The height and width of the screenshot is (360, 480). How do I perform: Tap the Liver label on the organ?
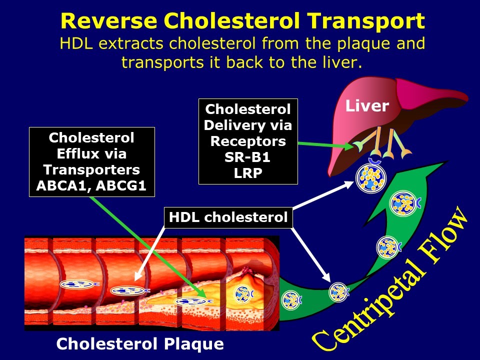(x=367, y=106)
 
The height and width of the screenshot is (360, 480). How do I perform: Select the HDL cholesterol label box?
(x=228, y=217)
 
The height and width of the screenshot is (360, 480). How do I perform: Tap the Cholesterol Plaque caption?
(x=140, y=344)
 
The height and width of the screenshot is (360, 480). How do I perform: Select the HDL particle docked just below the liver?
(x=370, y=178)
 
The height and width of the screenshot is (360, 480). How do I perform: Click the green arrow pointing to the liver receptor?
(x=325, y=145)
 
